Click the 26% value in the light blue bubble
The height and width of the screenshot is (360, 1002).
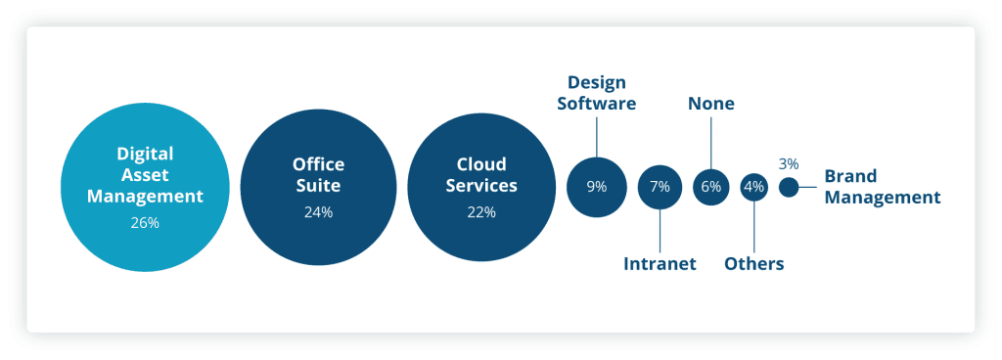(x=145, y=223)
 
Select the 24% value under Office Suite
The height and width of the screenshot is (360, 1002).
(x=317, y=211)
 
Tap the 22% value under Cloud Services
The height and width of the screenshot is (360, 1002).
(x=481, y=211)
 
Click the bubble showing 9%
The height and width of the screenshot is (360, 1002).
(x=596, y=186)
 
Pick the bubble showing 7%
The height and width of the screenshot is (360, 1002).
(x=660, y=186)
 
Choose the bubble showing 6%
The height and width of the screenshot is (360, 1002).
(x=711, y=186)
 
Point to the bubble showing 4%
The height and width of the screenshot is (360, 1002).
(x=753, y=186)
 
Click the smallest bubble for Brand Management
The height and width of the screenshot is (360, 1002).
(x=789, y=186)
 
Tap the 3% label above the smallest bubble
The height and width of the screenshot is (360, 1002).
(x=789, y=163)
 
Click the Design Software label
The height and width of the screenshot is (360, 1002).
(x=597, y=92)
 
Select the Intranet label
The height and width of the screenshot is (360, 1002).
(x=660, y=263)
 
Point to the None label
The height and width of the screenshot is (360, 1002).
(x=711, y=103)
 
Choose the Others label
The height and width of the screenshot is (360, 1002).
(x=753, y=263)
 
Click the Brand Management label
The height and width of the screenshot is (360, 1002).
(x=882, y=187)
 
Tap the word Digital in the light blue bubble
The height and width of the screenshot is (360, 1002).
(x=145, y=154)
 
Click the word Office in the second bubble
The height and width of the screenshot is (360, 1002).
(x=318, y=164)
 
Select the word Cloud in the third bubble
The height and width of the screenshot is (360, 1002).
(x=481, y=164)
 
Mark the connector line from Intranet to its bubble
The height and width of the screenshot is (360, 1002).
(x=660, y=231)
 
